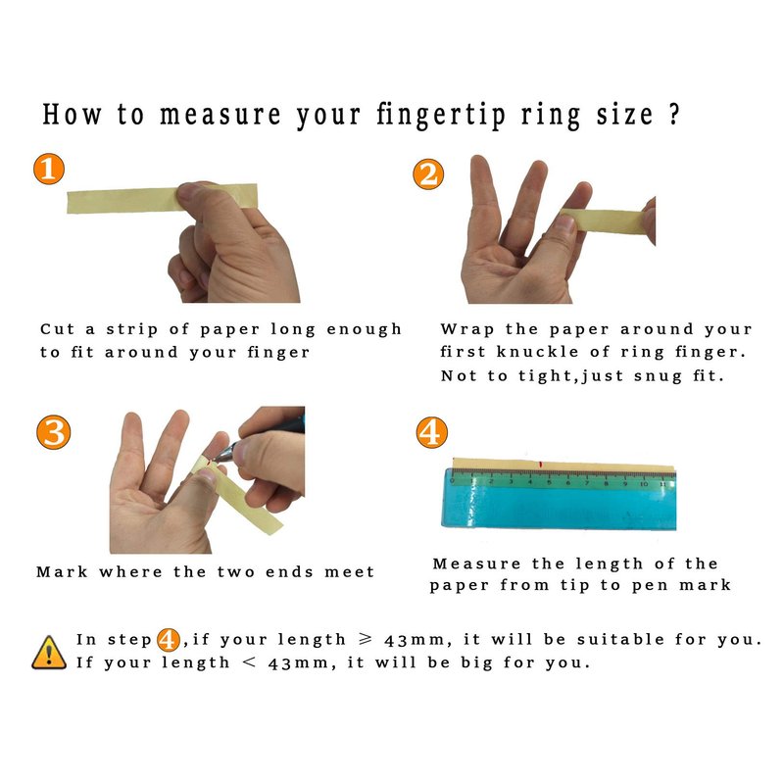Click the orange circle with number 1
[x=49, y=169]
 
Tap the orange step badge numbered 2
[x=428, y=174]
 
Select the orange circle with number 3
[x=54, y=432]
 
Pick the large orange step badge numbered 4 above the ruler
[x=432, y=432]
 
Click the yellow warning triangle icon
[x=49, y=653]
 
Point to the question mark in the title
[x=674, y=115]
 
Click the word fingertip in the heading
[x=440, y=116]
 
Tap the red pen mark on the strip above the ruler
[x=540, y=465]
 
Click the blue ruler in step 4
[x=560, y=499]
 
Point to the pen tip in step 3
[x=214, y=458]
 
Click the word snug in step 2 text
[x=658, y=376]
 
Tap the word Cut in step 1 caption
[x=58, y=329]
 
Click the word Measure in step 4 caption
[x=477, y=564]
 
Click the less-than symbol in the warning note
[x=249, y=662]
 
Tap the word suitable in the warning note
[x=620, y=639]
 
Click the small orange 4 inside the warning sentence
[x=169, y=640]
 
